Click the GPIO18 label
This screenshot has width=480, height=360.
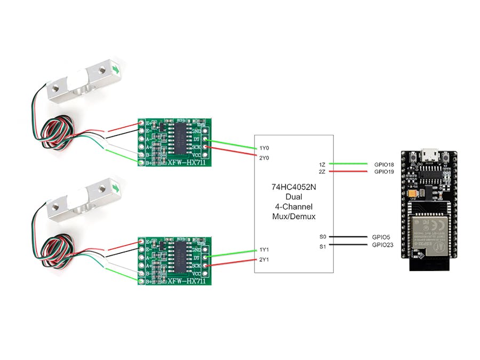[384, 164]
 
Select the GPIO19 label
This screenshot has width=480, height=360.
[384, 172]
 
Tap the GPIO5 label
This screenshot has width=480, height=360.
[382, 237]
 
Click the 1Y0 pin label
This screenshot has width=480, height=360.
[265, 148]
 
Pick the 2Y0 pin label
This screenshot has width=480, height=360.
[265, 158]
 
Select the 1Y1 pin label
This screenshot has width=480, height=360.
[265, 250]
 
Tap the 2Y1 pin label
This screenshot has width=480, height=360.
[265, 260]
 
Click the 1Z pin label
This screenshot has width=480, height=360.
[322, 164]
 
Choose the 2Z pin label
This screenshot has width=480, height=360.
[322, 172]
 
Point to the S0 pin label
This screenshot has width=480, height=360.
[323, 237]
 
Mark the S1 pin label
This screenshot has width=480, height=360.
[323, 246]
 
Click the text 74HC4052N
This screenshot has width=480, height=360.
[293, 187]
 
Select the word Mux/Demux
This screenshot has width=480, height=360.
[293, 217]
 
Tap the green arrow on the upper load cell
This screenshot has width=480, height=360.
[116, 69]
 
